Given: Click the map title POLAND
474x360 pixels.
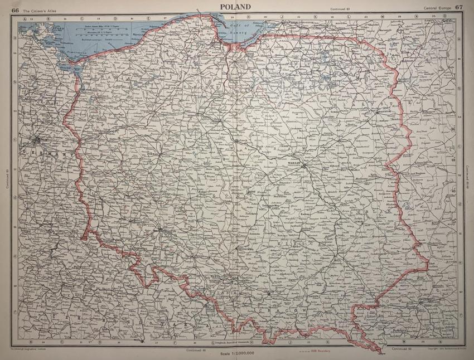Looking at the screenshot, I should tap(236, 6).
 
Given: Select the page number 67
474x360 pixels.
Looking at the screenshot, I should tap(459, 7).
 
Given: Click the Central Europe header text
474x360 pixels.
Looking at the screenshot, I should tap(437, 7).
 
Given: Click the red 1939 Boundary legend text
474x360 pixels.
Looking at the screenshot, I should tap(326, 352).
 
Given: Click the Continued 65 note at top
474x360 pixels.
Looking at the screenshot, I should tap(340, 8).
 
